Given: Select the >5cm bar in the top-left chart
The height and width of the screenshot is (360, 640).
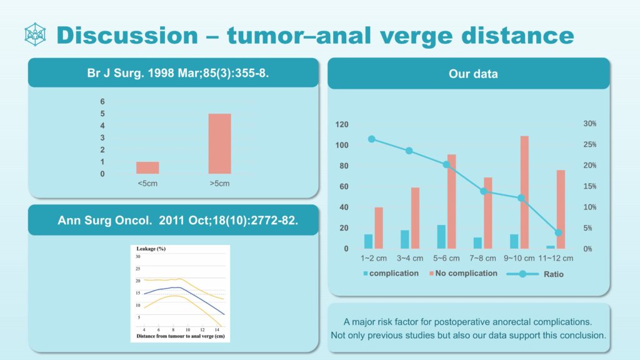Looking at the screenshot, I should point(219,144).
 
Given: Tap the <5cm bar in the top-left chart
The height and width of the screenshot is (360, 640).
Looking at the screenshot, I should point(147,167).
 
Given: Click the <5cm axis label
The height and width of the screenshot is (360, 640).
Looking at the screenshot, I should point(147,184).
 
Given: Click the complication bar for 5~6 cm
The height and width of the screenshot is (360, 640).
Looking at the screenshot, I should point(441,237).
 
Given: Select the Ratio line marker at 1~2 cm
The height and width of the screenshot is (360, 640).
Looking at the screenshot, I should point(372,139).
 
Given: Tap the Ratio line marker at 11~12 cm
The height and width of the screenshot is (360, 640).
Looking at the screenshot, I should point(558,232).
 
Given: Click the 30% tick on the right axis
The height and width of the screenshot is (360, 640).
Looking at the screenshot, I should point(590,124).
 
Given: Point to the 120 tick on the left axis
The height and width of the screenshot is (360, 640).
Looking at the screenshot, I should point(341,124).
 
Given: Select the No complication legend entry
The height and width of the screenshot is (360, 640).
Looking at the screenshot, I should point(463,273).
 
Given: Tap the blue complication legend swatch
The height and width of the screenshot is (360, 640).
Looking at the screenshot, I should point(366,274).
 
